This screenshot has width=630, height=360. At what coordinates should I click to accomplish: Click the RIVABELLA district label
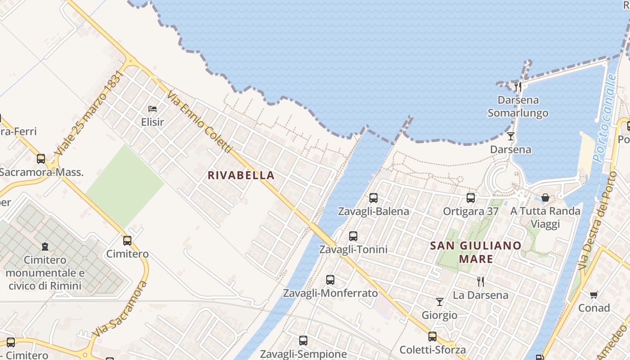pos(241,175)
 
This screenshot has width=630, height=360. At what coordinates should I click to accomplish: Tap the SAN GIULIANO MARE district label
pos(476,252)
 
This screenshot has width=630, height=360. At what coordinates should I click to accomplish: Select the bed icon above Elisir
pos(153,108)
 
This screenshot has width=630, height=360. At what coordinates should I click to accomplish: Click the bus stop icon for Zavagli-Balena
pos(373,198)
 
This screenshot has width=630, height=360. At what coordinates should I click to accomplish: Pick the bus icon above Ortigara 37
pos(471,198)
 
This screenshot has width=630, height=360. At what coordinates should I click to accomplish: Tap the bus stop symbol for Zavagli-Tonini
pos(353,236)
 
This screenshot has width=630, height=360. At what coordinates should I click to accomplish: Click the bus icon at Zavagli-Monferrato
pos(330,280)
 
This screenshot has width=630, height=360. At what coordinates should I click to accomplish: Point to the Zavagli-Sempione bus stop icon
pos(303,341)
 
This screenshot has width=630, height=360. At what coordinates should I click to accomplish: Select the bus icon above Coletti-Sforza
pos(432,337)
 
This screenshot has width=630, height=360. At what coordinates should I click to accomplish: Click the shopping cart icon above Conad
pos(594,295)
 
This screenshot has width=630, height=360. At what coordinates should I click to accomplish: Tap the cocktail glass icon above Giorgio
pos(440,302)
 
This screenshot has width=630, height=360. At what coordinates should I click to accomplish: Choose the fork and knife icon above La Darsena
pos(481,282)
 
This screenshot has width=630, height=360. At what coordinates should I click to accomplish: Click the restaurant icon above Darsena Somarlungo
pos(518,86)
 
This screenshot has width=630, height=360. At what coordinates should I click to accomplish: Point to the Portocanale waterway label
pos(604,118)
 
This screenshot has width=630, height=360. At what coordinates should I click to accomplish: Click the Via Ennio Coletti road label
pos(199,121)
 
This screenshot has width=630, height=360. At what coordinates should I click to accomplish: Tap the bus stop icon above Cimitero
pos(127,241)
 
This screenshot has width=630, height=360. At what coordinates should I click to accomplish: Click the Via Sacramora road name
pos(120,309)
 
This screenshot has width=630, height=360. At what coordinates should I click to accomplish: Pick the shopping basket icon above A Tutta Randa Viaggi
pos(545,198)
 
